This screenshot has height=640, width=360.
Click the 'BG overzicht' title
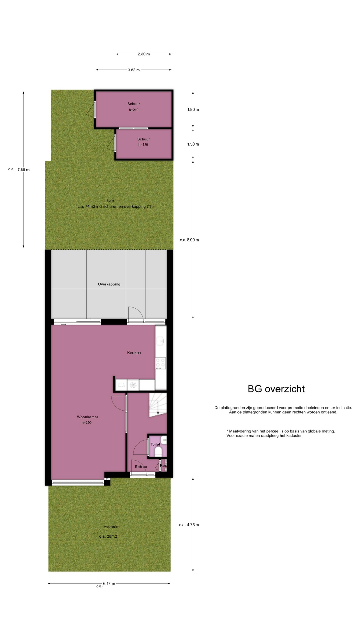click(x=276, y=389)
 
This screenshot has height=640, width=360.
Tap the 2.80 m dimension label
click(x=144, y=54)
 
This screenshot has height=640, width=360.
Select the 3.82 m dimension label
click(x=134, y=70)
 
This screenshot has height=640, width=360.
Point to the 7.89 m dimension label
click(x=23, y=170)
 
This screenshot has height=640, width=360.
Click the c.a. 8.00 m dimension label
click(x=189, y=240)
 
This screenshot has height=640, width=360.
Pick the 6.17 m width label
click(x=109, y=583)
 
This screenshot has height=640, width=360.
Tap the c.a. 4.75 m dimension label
click(x=189, y=525)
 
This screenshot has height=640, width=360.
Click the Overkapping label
click(x=109, y=284)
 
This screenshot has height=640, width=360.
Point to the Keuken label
click(x=134, y=353)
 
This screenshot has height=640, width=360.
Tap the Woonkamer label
click(x=87, y=417)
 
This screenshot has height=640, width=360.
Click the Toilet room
click(x=157, y=446)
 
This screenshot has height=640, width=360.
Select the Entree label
click(x=141, y=467)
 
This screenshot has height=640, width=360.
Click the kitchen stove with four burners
click(x=161, y=363)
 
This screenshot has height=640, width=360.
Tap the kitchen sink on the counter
click(x=161, y=341)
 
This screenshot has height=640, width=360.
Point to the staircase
click(x=158, y=405)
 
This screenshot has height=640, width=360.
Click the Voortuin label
click(x=111, y=527)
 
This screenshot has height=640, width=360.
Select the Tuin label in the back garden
click(x=110, y=200)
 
